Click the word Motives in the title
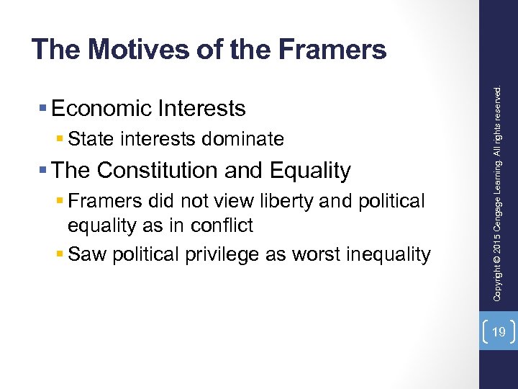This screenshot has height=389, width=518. coord(127,50)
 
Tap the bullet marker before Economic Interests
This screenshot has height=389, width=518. coord(44,109)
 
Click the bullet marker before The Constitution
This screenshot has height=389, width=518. coord(44,171)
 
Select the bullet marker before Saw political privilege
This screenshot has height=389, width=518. coord(60,254)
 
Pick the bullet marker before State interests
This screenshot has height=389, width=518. coord(60,138)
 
